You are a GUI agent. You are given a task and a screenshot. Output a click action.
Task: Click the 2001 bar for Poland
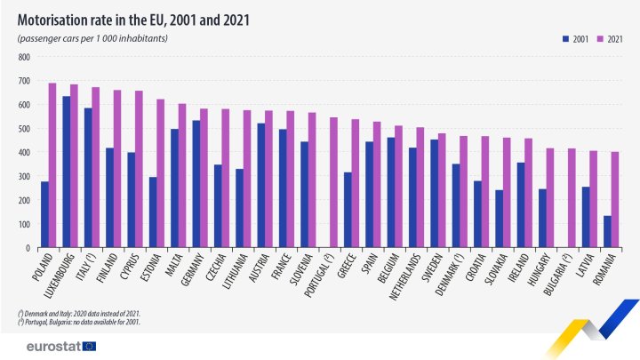pyautogui.click(x=44, y=214)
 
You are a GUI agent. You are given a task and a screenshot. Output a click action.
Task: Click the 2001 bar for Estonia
pyautogui.click(x=153, y=212)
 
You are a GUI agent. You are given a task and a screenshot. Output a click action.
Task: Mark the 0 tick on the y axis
pyautogui.click(x=28, y=248)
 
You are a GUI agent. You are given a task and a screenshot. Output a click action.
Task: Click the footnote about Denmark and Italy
pyautogui.click(x=78, y=314)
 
